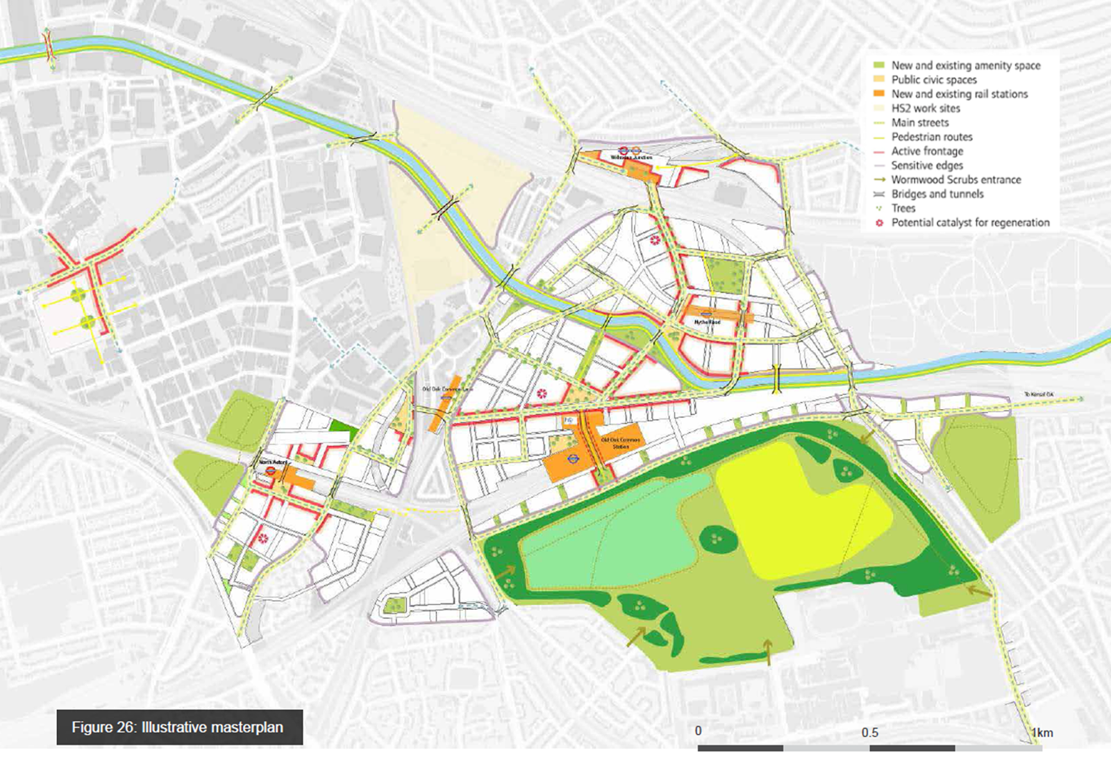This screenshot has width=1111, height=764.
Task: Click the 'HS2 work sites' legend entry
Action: point(926,108)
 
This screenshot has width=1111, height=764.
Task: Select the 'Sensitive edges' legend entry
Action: point(927,165)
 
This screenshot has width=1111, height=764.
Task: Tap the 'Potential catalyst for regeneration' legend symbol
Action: point(879,223)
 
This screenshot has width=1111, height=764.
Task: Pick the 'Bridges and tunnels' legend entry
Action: point(937,194)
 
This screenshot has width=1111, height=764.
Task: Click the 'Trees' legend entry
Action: point(903,208)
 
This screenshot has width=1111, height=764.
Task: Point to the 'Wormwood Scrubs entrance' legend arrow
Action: point(879,180)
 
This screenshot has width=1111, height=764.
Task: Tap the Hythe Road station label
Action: point(707,322)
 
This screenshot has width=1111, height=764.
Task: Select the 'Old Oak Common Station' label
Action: point(620,443)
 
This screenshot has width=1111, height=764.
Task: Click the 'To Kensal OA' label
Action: point(1039,395)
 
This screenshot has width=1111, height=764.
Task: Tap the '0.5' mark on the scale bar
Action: point(869,732)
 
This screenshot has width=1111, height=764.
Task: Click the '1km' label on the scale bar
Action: point(1042,732)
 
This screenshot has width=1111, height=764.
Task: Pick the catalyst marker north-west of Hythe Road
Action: point(654,241)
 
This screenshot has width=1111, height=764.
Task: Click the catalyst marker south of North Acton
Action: point(262,538)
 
